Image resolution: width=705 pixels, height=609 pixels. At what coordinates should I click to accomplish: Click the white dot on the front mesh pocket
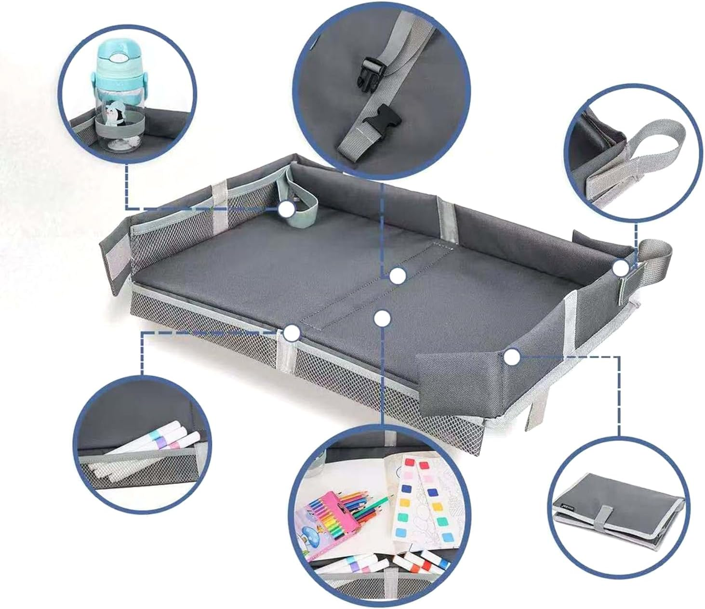pos(292,333)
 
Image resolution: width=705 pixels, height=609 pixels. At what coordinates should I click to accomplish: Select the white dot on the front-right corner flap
pos(512,357)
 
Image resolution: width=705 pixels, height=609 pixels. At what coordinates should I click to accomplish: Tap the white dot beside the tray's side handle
pos(621,267)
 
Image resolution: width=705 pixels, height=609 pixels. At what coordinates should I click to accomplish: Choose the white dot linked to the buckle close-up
pos(398,276)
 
